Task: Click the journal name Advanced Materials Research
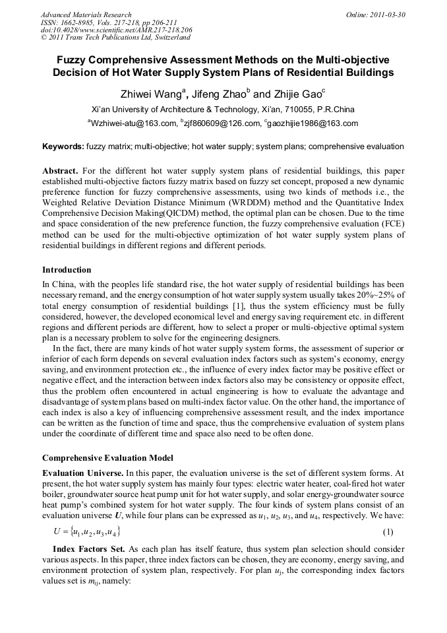(x=86, y=15)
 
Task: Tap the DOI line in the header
(x=116, y=30)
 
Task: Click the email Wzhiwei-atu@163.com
(x=132, y=123)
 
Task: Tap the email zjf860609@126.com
(x=216, y=123)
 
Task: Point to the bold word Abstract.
(x=61, y=170)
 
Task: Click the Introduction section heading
(x=67, y=270)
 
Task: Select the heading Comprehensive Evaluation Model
(x=107, y=457)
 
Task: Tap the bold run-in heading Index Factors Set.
(x=90, y=549)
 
